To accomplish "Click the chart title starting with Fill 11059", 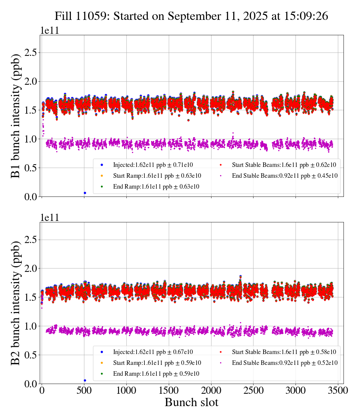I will tap(191, 16).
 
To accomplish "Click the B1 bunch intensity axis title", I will tap(16, 115).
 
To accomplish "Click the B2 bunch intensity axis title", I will tap(16, 303).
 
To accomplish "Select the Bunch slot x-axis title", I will tap(191, 402).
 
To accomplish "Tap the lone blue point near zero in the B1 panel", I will tap(85, 193).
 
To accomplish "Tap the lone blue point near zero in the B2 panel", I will tap(85, 380).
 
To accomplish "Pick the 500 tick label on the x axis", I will tap(84, 391).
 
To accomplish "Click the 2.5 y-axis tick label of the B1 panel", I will tap(31, 53).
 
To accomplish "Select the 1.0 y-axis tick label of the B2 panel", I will tap(31, 326).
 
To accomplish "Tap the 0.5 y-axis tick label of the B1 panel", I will tap(31, 168).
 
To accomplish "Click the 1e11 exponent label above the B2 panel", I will tap(49, 218).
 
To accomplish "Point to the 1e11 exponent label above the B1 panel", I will tap(49, 31).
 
